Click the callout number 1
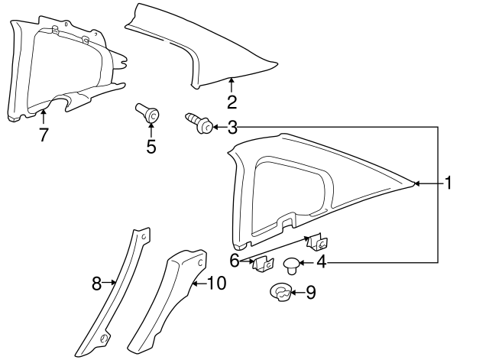(450, 183)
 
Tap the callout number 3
(232, 128)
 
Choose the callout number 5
(151, 146)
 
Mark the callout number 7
(44, 135)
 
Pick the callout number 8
(96, 284)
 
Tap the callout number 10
(216, 284)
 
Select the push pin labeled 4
(291, 265)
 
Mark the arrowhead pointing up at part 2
(232, 80)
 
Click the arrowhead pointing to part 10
(194, 284)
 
